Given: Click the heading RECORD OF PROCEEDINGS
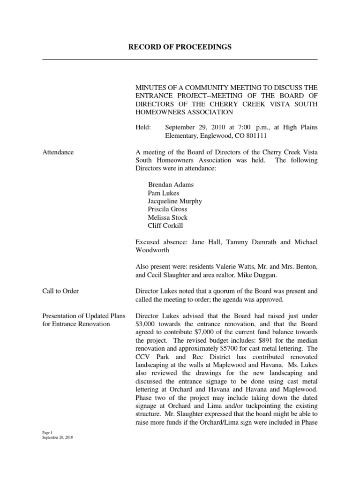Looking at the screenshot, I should (180, 47).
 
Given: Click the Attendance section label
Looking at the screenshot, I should (58, 152).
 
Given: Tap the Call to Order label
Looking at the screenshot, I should (60, 291).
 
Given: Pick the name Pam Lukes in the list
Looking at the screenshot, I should (164, 193).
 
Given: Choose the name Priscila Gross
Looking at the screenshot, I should (167, 209).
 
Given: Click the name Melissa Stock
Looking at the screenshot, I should (167, 217).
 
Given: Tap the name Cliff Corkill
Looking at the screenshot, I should (166, 225).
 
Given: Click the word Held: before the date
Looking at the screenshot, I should (143, 127).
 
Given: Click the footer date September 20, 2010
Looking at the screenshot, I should (58, 437).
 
